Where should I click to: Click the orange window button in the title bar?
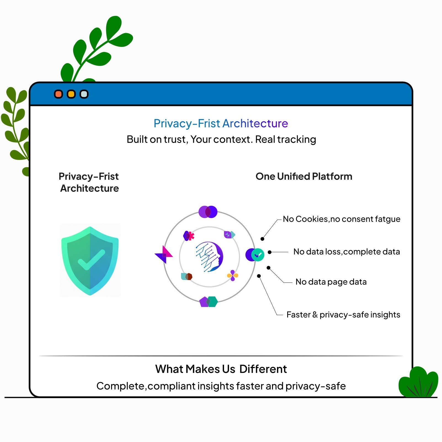point(58,94)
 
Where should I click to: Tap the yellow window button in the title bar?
point(71,94)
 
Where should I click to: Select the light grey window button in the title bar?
point(84,94)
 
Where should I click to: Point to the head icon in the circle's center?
point(209,257)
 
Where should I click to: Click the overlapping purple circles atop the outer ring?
point(208,212)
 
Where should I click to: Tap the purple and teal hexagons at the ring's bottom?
point(209,302)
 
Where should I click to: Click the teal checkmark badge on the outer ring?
point(258,255)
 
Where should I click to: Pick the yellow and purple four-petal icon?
point(233,275)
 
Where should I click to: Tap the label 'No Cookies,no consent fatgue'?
point(342,219)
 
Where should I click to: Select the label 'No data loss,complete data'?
point(347,252)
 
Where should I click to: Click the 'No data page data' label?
point(331,282)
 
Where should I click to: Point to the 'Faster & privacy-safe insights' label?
point(343,315)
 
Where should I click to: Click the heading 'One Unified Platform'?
point(304,176)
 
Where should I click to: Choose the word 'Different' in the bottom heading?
point(263,369)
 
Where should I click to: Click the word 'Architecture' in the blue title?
point(255,123)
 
